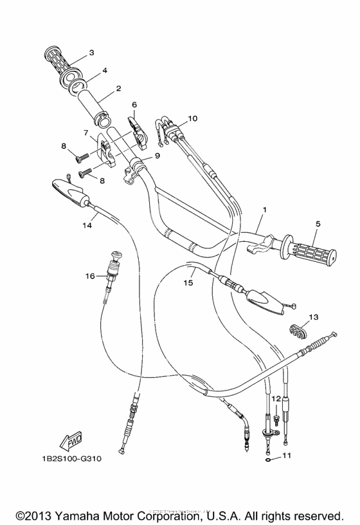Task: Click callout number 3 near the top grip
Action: (91, 53)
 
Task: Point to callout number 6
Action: (134, 104)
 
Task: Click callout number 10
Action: (193, 118)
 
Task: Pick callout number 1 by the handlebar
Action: (264, 210)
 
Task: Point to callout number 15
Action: (188, 282)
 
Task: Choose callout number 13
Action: (313, 317)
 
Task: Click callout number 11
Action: (287, 456)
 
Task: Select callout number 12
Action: (274, 400)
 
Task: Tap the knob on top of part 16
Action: (116, 255)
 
